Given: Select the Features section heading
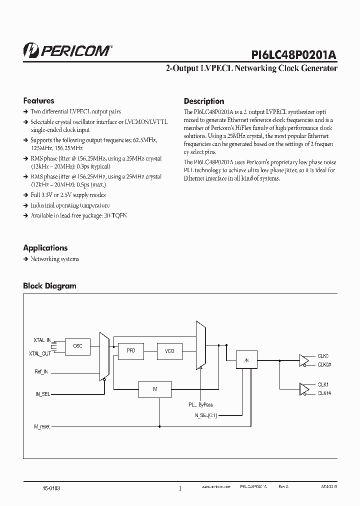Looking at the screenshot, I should pos(38,100).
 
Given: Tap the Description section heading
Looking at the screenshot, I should pos(203,101).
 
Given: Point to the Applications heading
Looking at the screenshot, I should pos(45,247).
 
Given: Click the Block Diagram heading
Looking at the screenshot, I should pos(49,286).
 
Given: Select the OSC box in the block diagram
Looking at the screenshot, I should pos(77,346).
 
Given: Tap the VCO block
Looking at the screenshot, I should pos(169,351).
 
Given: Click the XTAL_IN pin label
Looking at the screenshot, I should pos(42,340).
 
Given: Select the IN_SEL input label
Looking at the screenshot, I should pos(43,394).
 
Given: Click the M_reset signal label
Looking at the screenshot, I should pos(42,426).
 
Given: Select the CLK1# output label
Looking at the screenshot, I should pos(324,393).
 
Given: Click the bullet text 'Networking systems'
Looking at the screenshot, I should pos(54,259).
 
